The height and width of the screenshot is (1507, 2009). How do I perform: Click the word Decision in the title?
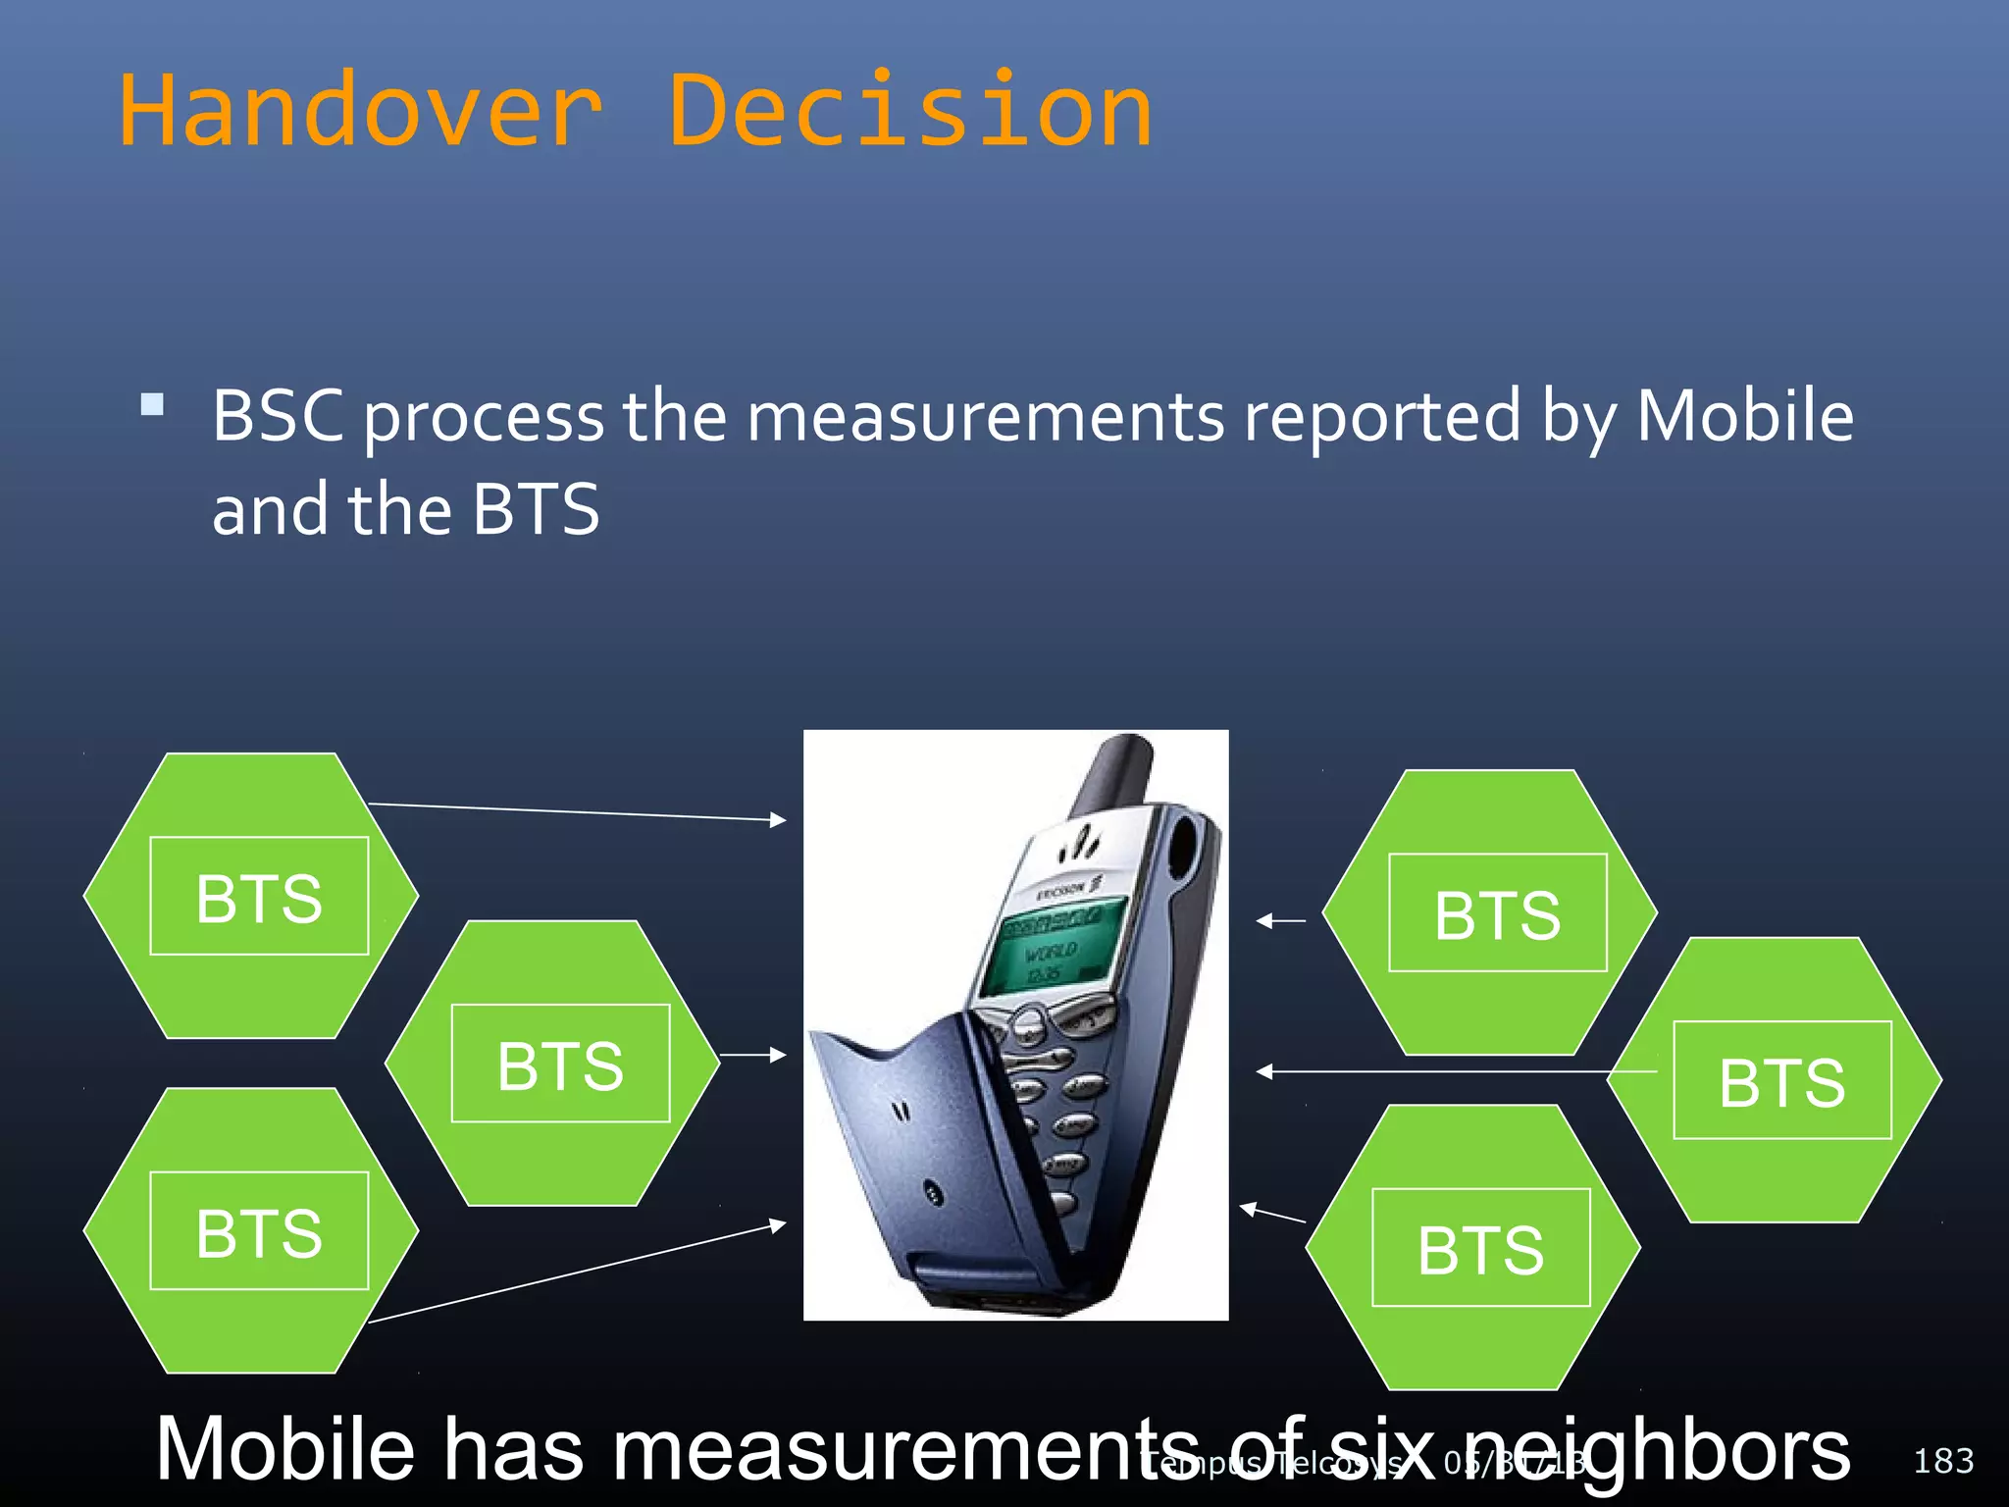pos(910,111)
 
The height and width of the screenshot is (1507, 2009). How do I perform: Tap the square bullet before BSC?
pos(152,404)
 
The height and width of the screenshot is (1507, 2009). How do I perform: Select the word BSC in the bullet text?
pos(278,416)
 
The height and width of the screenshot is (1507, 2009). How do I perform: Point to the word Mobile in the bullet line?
pos(1744,416)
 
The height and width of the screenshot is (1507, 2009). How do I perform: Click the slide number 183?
pos(1942,1461)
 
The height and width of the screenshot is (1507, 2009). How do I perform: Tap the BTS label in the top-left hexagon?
pos(259,898)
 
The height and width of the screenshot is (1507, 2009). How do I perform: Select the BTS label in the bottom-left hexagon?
pos(259,1232)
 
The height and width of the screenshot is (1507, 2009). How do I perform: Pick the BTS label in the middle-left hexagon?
pos(560,1065)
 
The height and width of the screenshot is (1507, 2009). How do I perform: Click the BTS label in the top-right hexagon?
pos(1497,914)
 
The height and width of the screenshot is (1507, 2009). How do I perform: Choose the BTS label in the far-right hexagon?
pos(1781,1081)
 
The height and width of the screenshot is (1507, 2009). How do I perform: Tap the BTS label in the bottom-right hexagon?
pos(1480,1249)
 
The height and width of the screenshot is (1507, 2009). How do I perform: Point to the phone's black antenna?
pos(1113,775)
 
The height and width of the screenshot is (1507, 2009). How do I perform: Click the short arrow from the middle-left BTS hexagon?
pos(752,1056)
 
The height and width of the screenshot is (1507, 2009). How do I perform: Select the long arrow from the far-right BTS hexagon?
pos(1452,1071)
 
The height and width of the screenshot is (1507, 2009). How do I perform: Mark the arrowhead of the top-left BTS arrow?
pos(778,819)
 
